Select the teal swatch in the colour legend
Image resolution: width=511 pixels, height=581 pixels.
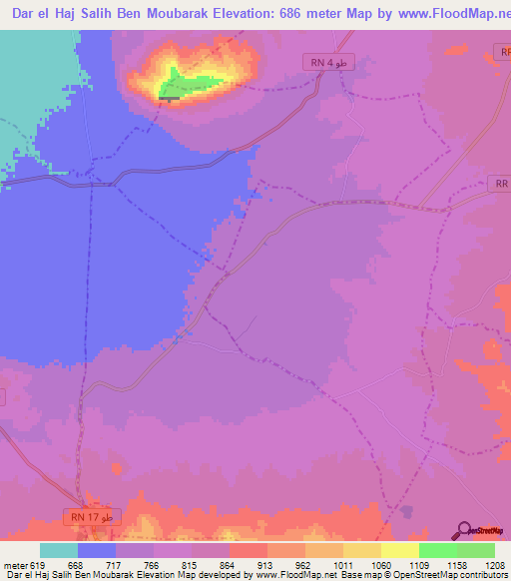tap(58, 550)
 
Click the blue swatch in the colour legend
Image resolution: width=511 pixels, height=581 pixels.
tap(96, 550)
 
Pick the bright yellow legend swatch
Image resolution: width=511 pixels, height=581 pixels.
tap(399, 550)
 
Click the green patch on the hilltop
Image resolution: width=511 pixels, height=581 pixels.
tap(184, 85)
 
